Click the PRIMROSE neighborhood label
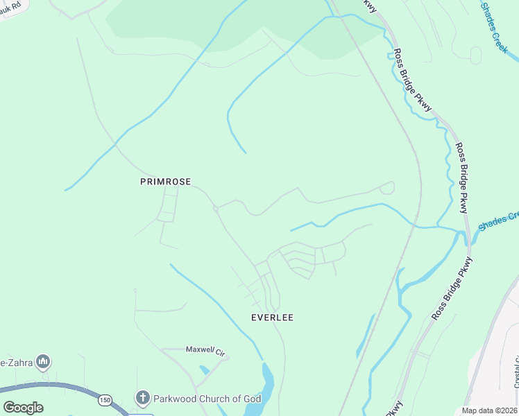(165, 182)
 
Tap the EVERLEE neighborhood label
(272, 318)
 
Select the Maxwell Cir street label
(205, 352)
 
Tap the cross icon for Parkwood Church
(142, 398)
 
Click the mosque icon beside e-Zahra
(43, 362)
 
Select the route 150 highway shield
(105, 400)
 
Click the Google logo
(23, 408)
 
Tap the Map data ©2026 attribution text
(490, 410)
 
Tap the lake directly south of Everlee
(266, 388)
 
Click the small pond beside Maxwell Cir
(203, 370)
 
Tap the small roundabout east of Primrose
(216, 208)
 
